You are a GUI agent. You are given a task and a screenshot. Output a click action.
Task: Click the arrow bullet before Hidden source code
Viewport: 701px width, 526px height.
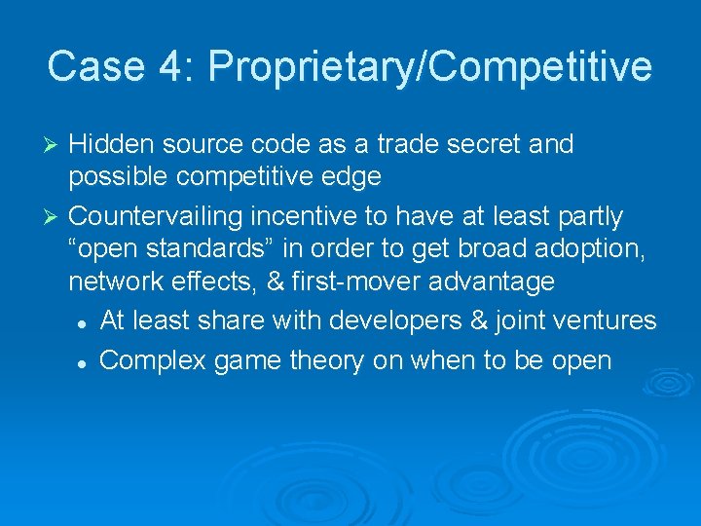click(54, 145)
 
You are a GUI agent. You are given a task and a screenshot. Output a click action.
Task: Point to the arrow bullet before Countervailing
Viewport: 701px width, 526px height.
click(54, 214)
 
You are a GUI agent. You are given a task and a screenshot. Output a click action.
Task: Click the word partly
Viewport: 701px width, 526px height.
click(590, 214)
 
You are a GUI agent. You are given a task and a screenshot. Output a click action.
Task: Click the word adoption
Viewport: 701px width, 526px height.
click(598, 248)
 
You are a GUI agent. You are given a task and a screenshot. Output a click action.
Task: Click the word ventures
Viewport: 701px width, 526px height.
click(613, 319)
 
